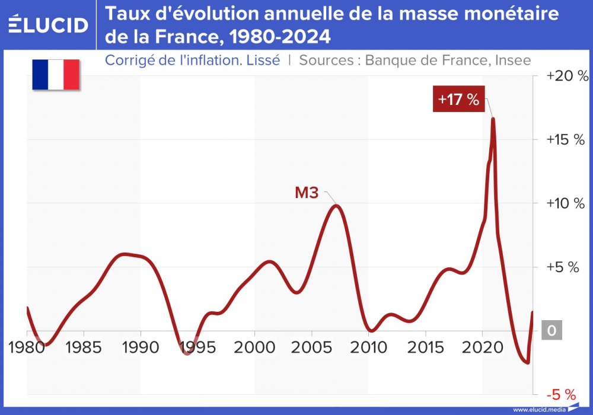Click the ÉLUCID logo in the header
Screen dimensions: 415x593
click(49, 24)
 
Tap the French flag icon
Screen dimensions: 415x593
click(56, 74)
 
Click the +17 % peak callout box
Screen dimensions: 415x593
click(458, 99)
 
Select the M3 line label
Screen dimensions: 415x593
click(307, 193)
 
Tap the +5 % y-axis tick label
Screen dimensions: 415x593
click(562, 267)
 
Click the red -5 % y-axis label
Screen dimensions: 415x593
click(561, 394)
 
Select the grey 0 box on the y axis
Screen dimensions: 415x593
click(551, 331)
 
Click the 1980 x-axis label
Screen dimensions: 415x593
click(27, 347)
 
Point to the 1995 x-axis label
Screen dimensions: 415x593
click(197, 347)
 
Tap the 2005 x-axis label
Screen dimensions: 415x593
click(311, 347)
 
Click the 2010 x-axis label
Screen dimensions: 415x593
click(368, 347)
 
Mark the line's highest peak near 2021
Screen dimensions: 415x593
click(492, 119)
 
